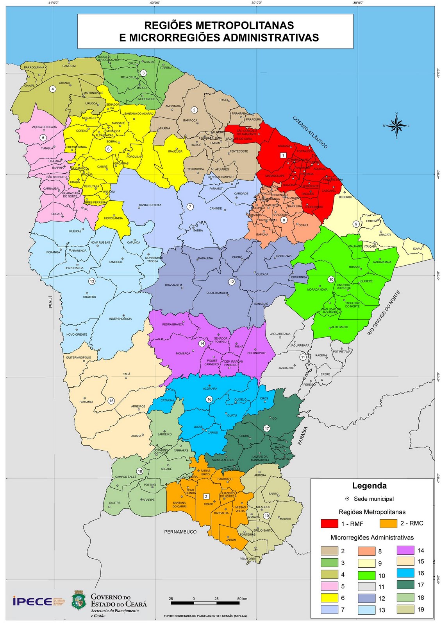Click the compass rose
tap(396, 126)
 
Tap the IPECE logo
tap(32, 601)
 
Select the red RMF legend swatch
tap(329, 523)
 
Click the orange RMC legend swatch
tap(389, 523)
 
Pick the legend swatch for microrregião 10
tap(366, 576)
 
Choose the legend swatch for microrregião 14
tap(405, 550)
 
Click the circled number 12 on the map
tap(232, 282)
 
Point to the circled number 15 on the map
tap(111, 401)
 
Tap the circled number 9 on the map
tap(356, 224)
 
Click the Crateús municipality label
tap(89, 297)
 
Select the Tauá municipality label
tap(127, 374)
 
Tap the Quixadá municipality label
tap(262, 274)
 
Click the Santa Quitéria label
tap(150, 205)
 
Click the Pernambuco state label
tap(180, 532)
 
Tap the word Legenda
tap(369, 486)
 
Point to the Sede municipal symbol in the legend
tap(347, 499)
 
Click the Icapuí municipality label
tap(418, 248)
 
